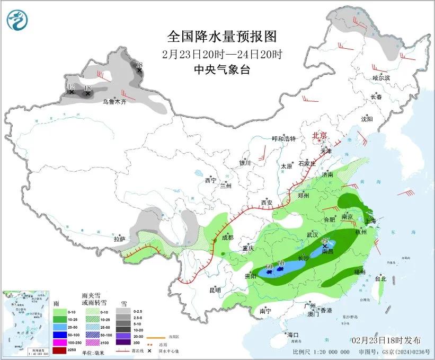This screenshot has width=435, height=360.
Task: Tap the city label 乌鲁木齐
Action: pos(114,101)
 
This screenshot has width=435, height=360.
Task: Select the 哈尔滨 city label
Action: pos(380,78)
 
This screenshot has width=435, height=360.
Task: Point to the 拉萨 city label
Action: pos(119,239)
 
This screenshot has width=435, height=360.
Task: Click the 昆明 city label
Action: pos(215,290)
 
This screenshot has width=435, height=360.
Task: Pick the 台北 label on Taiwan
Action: pos(380,278)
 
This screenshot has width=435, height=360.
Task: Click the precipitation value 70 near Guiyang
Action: pos(281,264)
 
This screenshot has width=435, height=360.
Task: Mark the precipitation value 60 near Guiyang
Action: pos(269,266)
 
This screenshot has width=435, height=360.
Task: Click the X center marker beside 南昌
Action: pos(324,246)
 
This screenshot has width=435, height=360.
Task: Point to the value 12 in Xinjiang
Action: pos(71,86)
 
